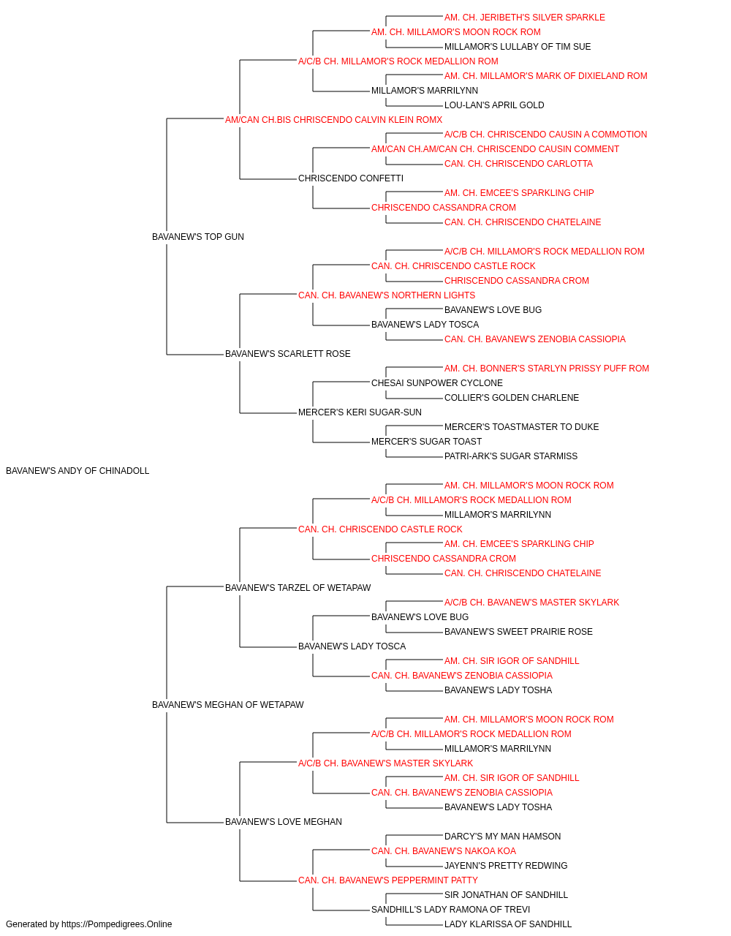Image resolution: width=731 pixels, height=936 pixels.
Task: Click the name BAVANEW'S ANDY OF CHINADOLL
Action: coord(77,471)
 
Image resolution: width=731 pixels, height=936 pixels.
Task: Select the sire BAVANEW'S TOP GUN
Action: coord(198,237)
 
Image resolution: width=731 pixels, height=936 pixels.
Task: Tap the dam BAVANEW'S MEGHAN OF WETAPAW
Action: coord(228,705)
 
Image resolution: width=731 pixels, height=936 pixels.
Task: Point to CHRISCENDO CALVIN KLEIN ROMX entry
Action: coord(368,120)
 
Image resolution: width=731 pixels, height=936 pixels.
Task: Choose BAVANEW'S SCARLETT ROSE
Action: coord(287,354)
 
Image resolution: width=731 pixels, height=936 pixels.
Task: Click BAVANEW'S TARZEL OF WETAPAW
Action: coord(298,587)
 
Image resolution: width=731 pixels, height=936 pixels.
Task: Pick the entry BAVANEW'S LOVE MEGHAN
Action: coord(284,822)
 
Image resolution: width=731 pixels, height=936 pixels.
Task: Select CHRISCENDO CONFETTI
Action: coord(351,178)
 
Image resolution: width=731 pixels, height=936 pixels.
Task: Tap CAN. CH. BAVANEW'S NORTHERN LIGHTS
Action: coord(387,295)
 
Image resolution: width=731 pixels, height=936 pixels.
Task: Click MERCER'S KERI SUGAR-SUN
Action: coord(360,412)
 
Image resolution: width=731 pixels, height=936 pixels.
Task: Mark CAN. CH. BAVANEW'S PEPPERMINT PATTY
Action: coord(388,880)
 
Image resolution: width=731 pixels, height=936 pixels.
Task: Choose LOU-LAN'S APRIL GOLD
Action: coord(494,105)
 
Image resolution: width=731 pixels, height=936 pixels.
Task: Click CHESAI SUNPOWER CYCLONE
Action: coord(437,383)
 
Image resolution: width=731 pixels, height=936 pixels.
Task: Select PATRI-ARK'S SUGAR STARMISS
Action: coord(511,456)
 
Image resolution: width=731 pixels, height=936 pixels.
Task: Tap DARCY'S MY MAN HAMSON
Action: coord(502,837)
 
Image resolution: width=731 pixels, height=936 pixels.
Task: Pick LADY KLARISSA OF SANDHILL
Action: coord(508,924)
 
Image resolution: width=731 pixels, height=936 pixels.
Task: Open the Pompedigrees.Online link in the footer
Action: coord(117,924)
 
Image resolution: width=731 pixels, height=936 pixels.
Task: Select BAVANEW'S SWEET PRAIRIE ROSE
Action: coord(518,632)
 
